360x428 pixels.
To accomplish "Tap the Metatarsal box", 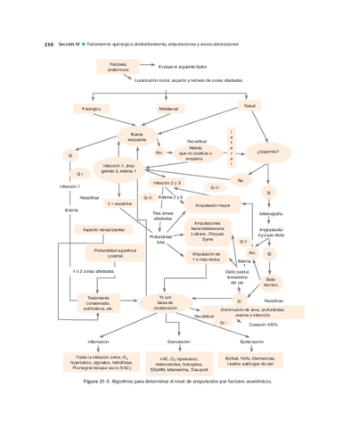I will tap(168, 109).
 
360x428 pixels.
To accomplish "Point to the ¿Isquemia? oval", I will tap(267, 152).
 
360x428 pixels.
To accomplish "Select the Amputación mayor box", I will tap(213, 205).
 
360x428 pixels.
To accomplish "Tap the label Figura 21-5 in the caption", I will tap(98, 380).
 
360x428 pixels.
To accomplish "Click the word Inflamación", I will tap(98, 342).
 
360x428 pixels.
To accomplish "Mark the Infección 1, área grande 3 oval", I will tap(119, 169).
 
